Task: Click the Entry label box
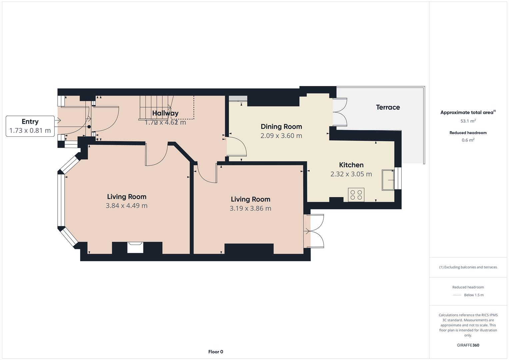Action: [x=30, y=126]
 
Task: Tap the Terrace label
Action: [x=388, y=107]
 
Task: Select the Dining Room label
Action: [x=281, y=127]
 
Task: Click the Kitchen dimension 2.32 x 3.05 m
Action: [x=351, y=174]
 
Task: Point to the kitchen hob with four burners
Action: [x=356, y=195]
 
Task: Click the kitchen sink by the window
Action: [x=388, y=180]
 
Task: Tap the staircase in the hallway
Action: [x=155, y=107]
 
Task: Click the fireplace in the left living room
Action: [x=135, y=247]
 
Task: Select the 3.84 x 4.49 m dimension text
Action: [x=126, y=206]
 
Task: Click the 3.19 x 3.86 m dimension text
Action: [x=250, y=208]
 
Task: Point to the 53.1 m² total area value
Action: [x=468, y=121]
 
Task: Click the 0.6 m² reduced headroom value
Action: [x=468, y=140]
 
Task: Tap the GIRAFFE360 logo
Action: [x=468, y=345]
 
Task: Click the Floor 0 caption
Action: [x=215, y=352]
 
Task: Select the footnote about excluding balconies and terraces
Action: [x=468, y=267]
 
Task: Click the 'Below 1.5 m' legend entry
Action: [x=473, y=295]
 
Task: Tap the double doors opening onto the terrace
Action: [x=340, y=112]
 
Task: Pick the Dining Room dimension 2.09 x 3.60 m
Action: [x=281, y=136]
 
